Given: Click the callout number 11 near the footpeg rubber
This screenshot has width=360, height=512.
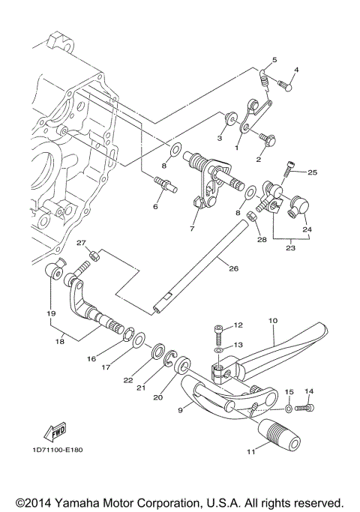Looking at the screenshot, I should coord(251,451).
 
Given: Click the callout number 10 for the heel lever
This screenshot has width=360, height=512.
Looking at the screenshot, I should coord(273,320).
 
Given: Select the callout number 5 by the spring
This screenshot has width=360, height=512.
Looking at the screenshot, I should coord(274,59).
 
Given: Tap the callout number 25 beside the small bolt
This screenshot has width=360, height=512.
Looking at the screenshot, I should coord(313,172).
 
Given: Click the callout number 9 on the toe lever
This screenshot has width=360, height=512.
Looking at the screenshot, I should coord(179,411).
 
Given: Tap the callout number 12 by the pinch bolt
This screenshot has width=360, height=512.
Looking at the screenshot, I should coord(239,325).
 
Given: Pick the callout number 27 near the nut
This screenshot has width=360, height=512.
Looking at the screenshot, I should coord(80,243).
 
